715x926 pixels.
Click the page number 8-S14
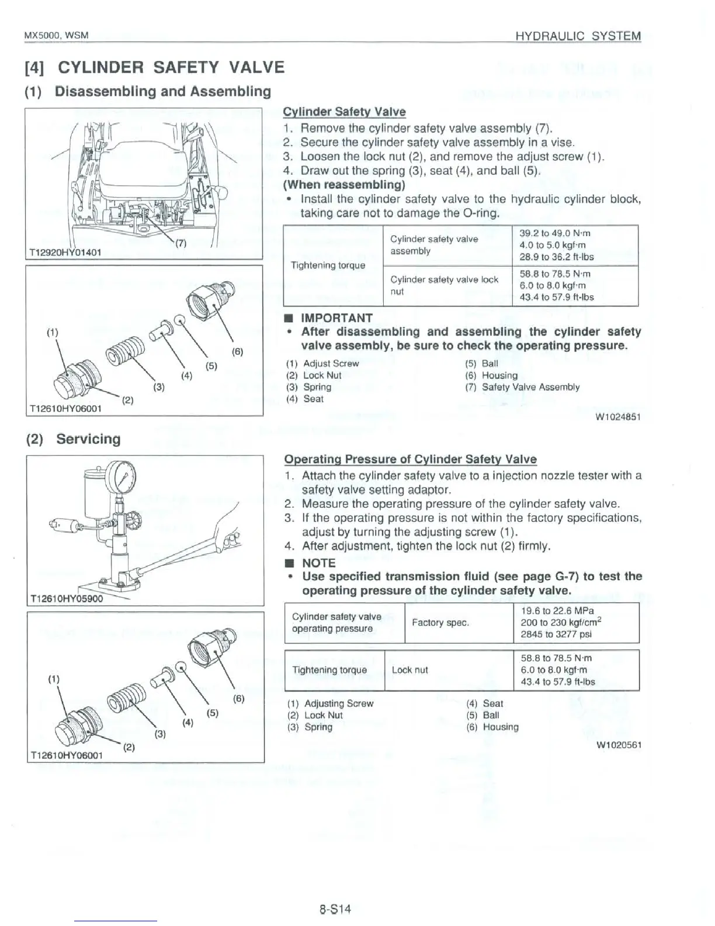click(x=335, y=909)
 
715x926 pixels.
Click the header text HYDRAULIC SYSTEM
click(x=578, y=36)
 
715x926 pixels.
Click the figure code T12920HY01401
click(x=65, y=253)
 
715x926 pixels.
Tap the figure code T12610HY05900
click(x=67, y=599)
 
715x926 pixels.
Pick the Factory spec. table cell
click(x=440, y=623)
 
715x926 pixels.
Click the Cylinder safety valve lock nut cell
click(x=444, y=285)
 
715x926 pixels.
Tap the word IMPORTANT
click(x=336, y=318)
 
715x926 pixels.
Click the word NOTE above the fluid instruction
click(x=318, y=563)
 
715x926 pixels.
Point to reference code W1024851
click(x=617, y=417)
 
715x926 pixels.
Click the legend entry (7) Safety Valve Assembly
click(x=522, y=387)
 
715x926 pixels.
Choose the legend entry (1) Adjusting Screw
click(x=331, y=703)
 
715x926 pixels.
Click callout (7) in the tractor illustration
click(x=181, y=244)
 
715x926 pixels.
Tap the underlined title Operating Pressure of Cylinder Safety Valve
click(x=410, y=459)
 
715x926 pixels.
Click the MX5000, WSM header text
click(x=55, y=36)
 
